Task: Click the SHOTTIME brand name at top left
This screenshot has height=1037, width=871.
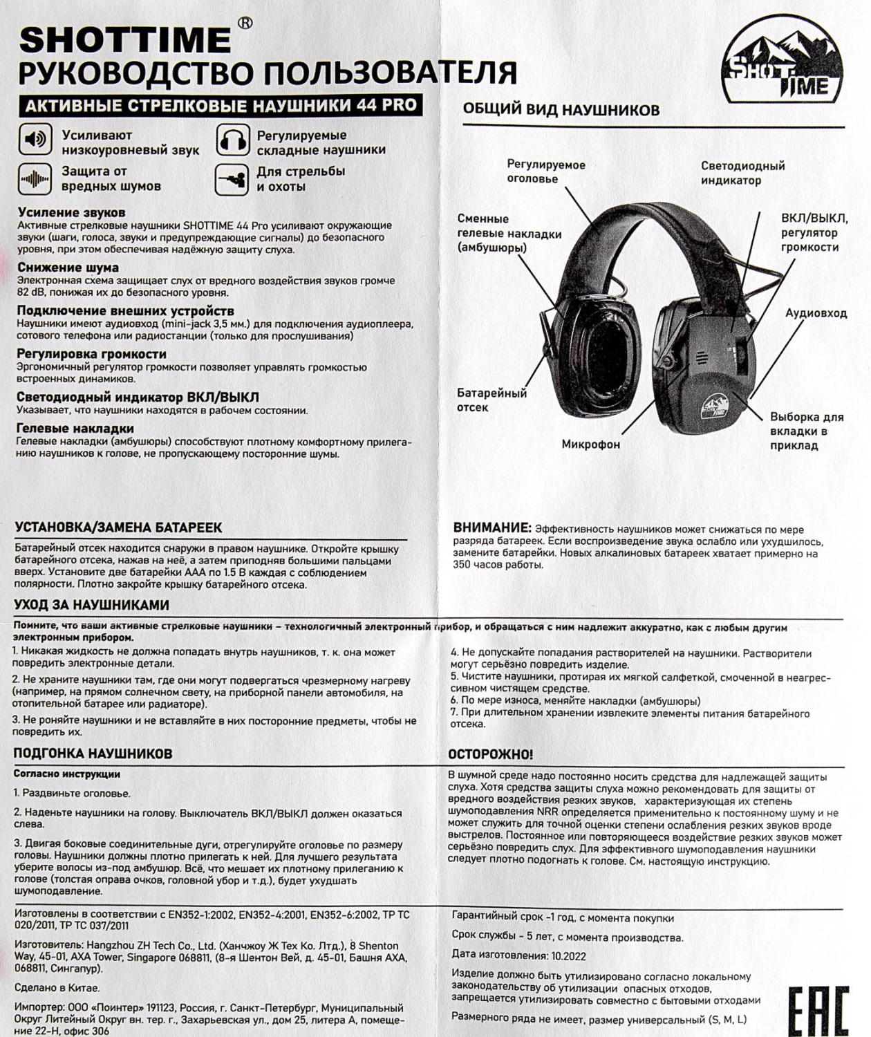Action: point(125,41)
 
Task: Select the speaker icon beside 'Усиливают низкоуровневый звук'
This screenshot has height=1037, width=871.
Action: point(35,140)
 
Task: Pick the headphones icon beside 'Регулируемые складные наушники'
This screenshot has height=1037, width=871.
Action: point(232,140)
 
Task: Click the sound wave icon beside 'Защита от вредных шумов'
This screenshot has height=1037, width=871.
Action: point(35,179)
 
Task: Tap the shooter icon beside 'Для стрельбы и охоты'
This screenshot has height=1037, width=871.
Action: point(232,179)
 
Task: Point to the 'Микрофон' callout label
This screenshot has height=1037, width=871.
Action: point(590,444)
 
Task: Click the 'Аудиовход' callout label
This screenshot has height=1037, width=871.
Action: point(816,313)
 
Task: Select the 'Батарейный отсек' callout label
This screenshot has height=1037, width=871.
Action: point(491,400)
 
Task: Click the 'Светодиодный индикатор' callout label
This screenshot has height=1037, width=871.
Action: point(742,173)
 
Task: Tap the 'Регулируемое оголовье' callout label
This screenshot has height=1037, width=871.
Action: point(545,171)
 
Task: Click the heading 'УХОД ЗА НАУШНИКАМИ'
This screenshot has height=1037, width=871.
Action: point(92,605)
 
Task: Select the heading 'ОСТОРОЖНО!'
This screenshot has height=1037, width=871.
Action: point(490,754)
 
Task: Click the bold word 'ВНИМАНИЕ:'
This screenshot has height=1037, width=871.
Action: point(492,528)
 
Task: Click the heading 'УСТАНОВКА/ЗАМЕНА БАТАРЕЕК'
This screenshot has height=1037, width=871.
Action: point(118,527)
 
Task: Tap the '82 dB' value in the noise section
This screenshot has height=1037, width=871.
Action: point(32,292)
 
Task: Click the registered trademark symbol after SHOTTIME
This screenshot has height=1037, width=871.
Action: point(245,23)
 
